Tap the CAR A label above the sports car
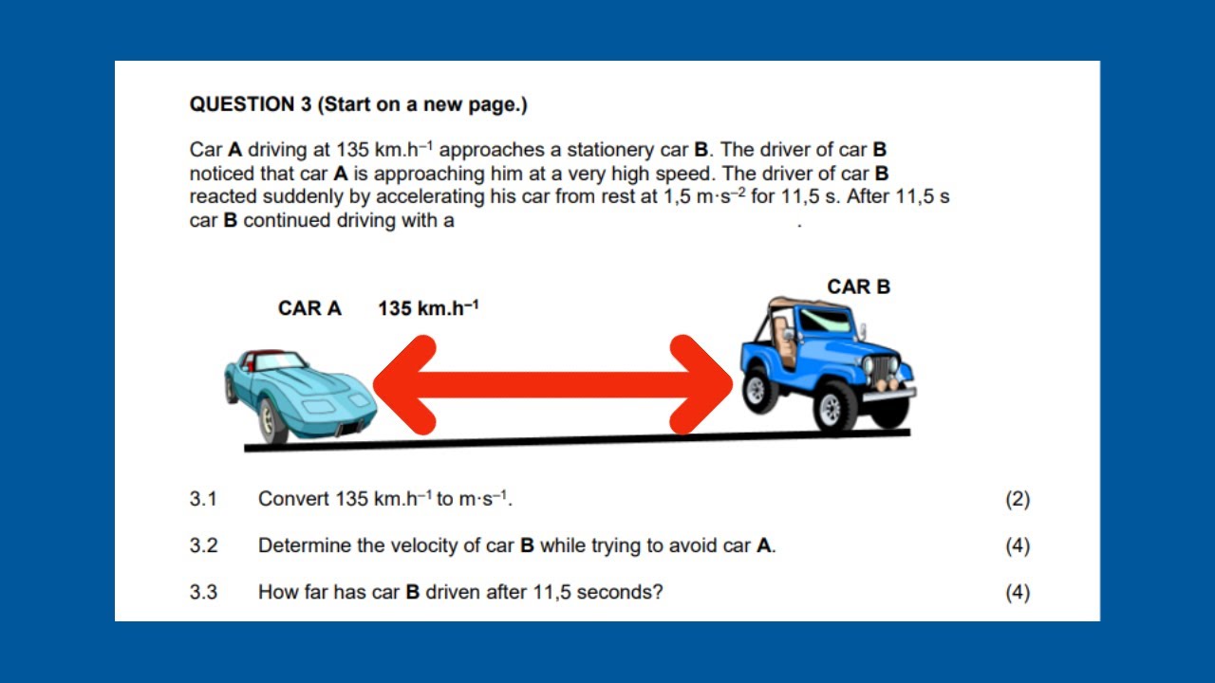tap(309, 308)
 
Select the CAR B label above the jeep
tap(858, 286)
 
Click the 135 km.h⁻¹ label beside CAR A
tap(428, 308)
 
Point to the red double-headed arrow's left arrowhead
tap(403, 384)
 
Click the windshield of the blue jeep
tap(824, 321)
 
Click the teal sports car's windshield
tap(276, 361)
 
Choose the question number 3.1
tap(203, 499)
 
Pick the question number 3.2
tap(203, 545)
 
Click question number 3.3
tap(203, 592)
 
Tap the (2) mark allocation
tap(1018, 499)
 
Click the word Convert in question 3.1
tap(293, 499)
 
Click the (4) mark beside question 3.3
tap(1018, 592)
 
